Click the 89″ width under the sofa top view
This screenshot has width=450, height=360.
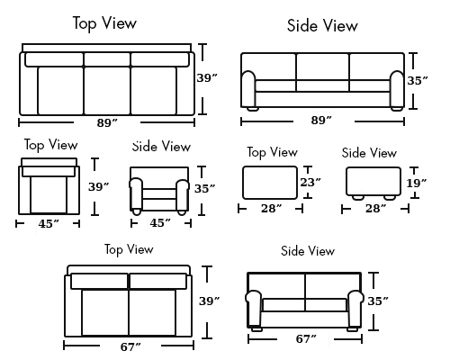point(107,123)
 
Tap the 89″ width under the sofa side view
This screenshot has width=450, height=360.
point(321,121)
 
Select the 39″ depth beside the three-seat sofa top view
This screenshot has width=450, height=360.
point(207,78)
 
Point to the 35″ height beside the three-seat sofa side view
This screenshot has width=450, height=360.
point(418,81)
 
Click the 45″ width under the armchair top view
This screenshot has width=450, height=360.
point(49,224)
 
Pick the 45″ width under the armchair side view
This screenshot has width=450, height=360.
point(160,223)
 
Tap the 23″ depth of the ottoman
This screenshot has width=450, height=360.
point(310,182)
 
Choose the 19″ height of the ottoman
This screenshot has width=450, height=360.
point(417,183)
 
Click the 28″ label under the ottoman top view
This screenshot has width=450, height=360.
point(272,208)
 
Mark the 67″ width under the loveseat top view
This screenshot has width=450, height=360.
point(130,346)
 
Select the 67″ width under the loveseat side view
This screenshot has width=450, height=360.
point(306,339)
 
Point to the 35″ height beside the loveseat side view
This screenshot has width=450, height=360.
point(378,301)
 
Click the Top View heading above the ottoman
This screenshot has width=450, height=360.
point(273,152)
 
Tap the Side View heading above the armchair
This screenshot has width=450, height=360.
point(161,147)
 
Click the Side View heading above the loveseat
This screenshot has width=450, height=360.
point(308,251)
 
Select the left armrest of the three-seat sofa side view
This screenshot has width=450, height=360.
point(248,89)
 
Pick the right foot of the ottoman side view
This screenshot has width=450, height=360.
point(390,197)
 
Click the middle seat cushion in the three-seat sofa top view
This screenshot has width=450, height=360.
point(107,91)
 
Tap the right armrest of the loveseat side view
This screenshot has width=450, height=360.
point(355,309)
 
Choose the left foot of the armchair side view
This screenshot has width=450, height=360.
point(137,212)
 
